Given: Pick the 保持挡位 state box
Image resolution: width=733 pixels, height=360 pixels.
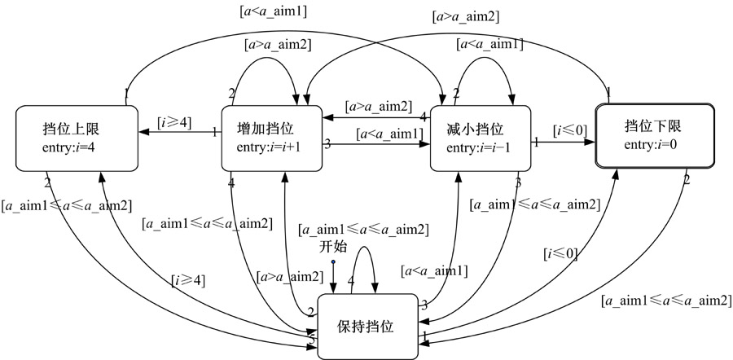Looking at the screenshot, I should (x=366, y=326).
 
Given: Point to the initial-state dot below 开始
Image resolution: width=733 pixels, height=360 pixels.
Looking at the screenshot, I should (x=332, y=262).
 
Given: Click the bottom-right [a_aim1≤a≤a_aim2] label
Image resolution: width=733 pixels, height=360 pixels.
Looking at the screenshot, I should (x=665, y=301).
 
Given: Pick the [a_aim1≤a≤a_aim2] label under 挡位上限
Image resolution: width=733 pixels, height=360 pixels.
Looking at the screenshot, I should (x=68, y=204).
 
